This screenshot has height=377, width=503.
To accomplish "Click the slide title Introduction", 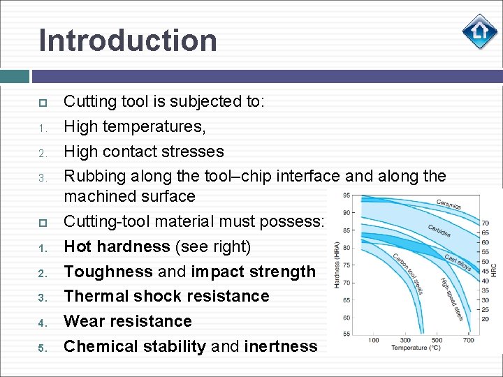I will pos(128,40).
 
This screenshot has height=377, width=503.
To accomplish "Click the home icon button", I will pos(480,31).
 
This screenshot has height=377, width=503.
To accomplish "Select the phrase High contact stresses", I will pos(144,151).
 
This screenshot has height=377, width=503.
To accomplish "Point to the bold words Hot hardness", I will pos(117,246).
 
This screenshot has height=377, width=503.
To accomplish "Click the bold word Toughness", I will pos(108,272).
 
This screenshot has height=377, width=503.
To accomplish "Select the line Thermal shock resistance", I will pos(166,296).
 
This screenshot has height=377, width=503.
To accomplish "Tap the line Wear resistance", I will pos(128,321).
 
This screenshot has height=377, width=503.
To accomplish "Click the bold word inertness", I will pos(281,346).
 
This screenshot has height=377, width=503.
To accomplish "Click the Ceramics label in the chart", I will pos(449,205).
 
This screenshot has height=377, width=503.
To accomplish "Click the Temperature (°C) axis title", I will pos(415,348).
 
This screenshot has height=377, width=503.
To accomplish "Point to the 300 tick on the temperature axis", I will pos(405,340).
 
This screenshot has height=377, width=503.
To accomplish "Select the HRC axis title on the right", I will pos(493,269).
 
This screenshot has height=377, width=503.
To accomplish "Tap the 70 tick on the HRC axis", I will pos(486,223).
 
